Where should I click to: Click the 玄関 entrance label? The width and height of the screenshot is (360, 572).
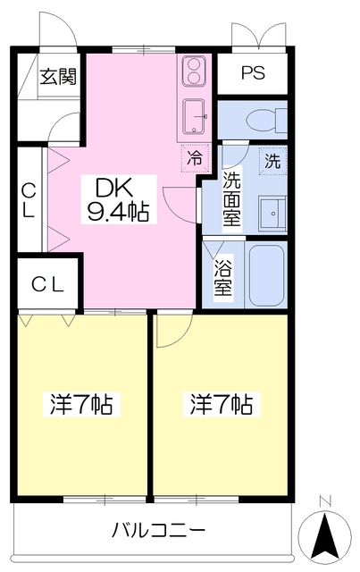click(58, 77)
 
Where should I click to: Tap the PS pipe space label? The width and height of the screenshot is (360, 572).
click(253, 73)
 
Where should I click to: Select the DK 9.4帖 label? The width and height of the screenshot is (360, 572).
click(118, 200)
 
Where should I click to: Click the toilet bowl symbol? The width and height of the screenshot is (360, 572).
click(266, 120)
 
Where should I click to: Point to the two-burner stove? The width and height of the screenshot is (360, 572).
click(194, 71)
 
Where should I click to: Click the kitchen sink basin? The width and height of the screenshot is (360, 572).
click(195, 116)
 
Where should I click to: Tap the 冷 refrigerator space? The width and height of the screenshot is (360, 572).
click(195, 158)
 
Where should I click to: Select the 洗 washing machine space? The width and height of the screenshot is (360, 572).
click(272, 161)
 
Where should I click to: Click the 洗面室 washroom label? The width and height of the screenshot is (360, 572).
click(231, 198)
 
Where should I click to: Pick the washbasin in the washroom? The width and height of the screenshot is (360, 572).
click(272, 213)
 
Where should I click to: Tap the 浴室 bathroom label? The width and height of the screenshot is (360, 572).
click(222, 278)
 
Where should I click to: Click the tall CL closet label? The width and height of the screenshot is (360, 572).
click(29, 200)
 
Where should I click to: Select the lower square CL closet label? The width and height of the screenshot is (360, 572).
click(47, 285)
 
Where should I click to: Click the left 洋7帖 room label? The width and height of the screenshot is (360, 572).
click(81, 404)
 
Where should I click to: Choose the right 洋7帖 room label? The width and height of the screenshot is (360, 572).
click(222, 404)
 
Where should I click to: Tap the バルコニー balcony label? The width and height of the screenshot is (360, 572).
click(159, 530)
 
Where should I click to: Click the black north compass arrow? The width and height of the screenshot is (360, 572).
click(325, 535)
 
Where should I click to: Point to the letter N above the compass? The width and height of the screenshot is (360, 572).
click(324, 502)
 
